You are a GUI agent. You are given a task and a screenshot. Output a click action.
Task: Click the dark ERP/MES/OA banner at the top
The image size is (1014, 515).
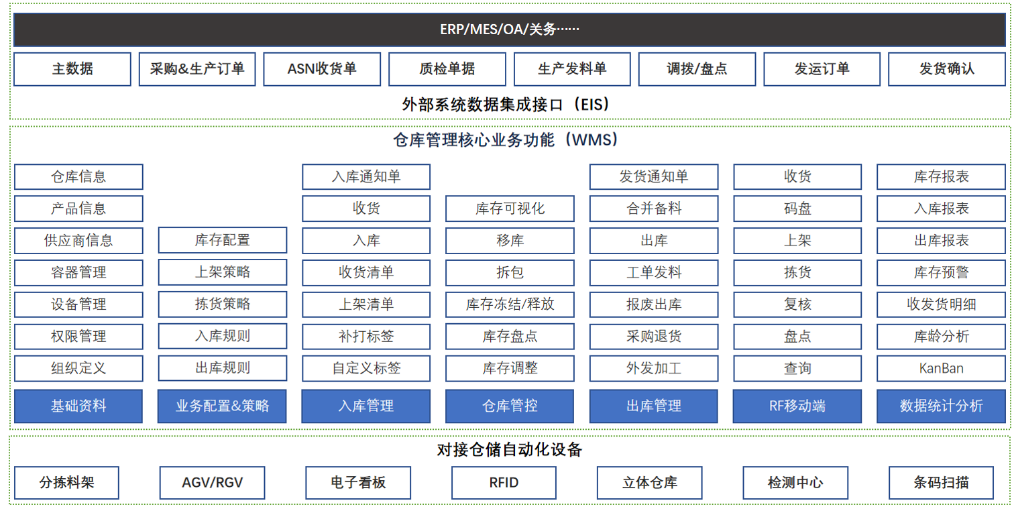click(509, 30)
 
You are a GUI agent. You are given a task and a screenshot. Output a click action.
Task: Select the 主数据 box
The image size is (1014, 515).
click(72, 69)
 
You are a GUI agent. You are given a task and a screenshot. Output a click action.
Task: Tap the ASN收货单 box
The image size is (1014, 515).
click(322, 69)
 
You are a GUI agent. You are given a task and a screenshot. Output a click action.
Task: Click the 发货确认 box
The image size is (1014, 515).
click(946, 69)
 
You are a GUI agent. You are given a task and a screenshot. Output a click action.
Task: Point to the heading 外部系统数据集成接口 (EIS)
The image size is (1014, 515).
click(506, 105)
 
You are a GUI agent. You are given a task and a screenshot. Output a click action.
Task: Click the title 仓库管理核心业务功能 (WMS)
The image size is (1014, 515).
click(506, 140)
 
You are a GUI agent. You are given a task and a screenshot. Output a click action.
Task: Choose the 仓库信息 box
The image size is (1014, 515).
click(78, 176)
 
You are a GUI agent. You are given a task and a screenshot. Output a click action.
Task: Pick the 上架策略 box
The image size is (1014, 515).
click(222, 272)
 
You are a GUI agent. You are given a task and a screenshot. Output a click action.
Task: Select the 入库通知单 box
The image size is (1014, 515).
click(366, 176)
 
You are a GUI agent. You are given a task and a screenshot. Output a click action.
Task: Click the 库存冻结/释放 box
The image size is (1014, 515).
click(510, 304)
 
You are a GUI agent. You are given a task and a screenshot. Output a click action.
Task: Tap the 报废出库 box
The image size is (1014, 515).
click(654, 304)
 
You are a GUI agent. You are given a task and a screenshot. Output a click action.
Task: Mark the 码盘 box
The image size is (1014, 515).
click(797, 208)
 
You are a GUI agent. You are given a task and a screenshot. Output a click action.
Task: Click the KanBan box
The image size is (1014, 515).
click(941, 368)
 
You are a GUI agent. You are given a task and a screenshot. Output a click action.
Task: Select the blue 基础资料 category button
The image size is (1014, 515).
click(78, 406)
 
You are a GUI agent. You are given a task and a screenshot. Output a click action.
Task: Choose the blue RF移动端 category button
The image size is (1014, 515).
click(797, 406)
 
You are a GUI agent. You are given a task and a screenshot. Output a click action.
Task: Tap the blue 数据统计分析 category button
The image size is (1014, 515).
click(941, 406)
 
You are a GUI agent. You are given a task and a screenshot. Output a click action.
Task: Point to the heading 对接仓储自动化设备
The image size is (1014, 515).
click(509, 450)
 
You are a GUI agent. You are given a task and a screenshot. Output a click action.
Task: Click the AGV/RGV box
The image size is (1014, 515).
click(213, 483)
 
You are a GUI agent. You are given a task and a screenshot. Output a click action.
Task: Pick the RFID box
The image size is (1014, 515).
click(504, 483)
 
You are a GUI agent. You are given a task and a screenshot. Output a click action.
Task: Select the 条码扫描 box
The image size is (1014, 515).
click(941, 483)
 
